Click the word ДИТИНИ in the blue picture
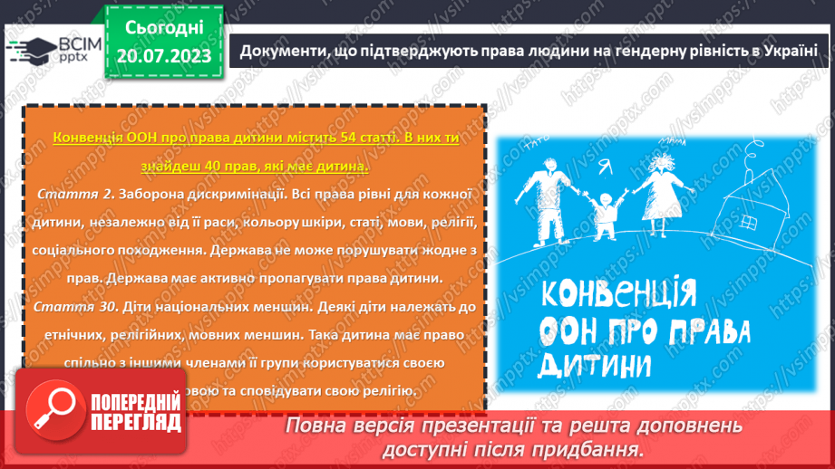click(x=595, y=364)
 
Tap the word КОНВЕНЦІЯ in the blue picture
click(x=617, y=294)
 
